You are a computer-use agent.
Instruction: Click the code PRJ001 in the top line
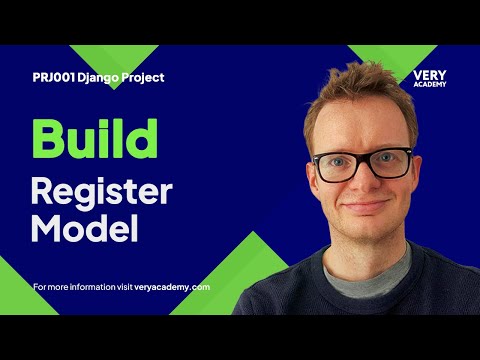[x=51, y=77]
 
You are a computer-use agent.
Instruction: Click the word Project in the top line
[x=143, y=77]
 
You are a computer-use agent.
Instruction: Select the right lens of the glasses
[x=392, y=162]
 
